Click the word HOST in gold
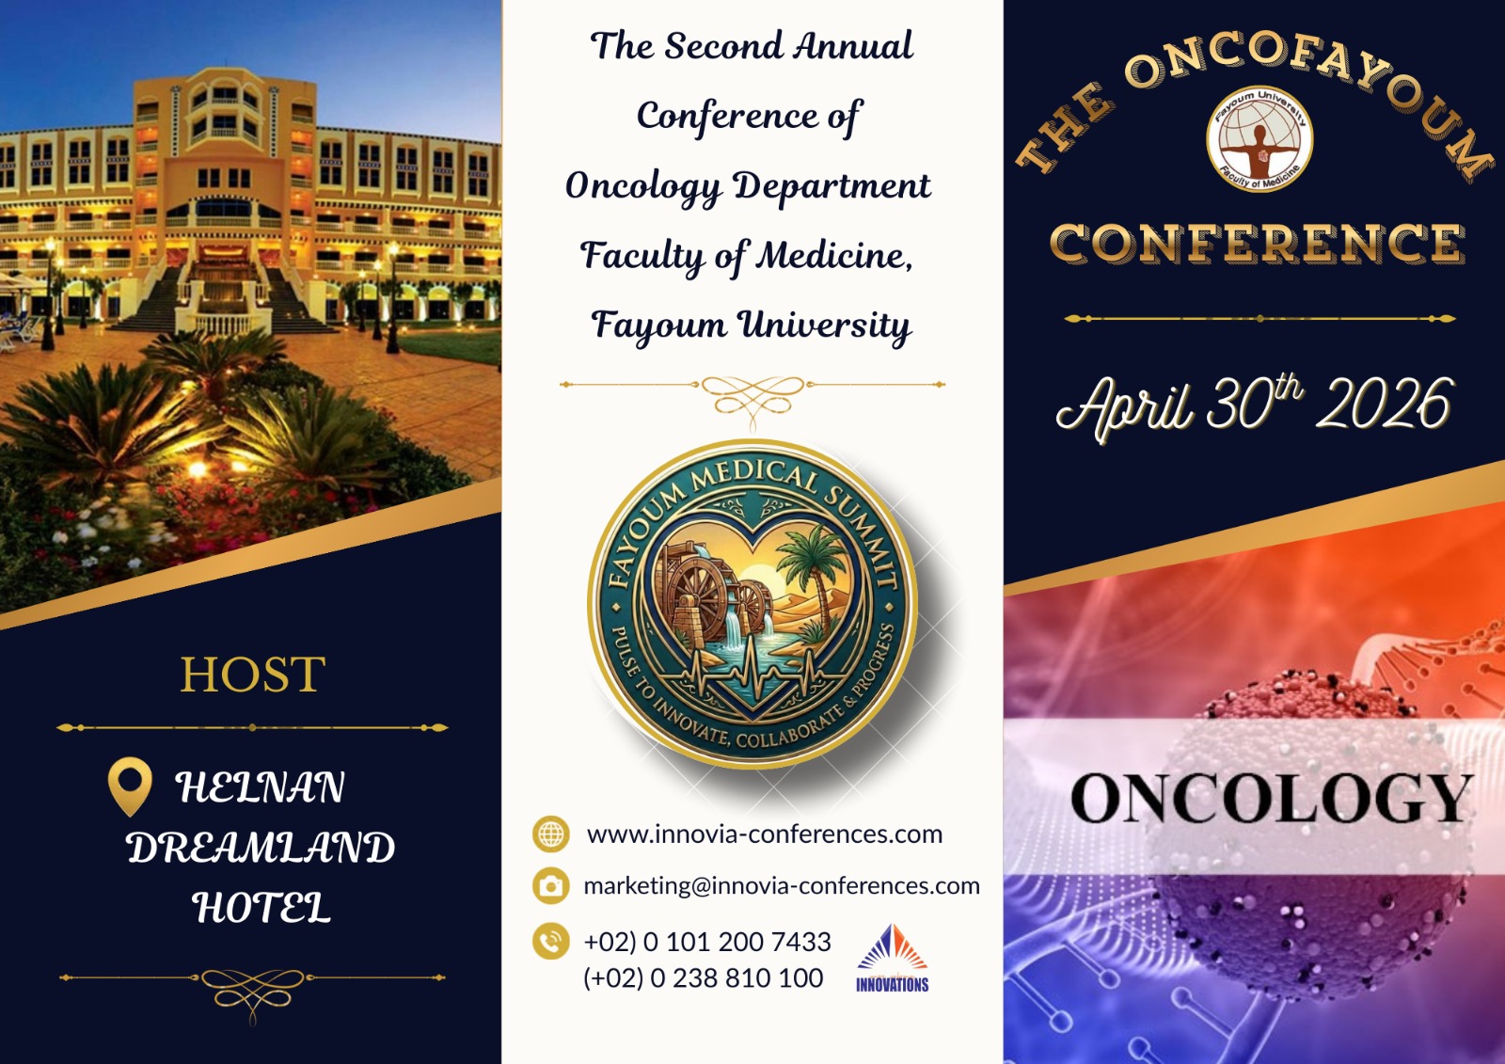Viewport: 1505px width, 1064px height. click(x=253, y=674)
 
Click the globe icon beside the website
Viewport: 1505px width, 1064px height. click(x=551, y=834)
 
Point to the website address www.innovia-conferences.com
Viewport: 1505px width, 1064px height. click(x=765, y=834)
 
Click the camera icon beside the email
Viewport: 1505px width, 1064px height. click(x=551, y=886)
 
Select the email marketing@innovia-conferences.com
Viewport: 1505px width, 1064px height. click(x=782, y=886)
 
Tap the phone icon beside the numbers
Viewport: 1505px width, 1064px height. click(x=551, y=941)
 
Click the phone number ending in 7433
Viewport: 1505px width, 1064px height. click(x=707, y=942)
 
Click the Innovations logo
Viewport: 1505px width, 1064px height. click(x=893, y=958)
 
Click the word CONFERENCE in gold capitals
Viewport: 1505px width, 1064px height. click(x=1257, y=243)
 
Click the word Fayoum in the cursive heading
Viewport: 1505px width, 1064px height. click(x=659, y=326)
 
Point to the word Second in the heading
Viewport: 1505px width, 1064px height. click(x=723, y=46)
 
